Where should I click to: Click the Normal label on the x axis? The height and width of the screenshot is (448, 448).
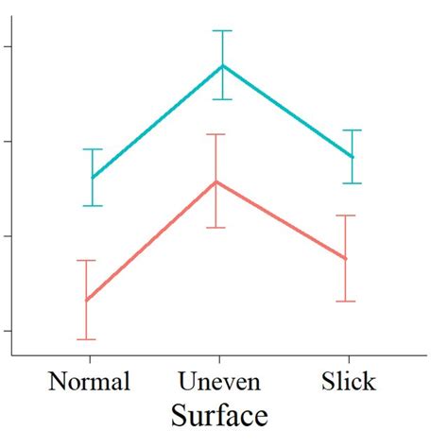pyautogui.click(x=89, y=382)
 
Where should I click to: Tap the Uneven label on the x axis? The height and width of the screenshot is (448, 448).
pyautogui.click(x=219, y=382)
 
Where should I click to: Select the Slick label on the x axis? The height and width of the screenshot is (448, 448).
pyautogui.click(x=348, y=382)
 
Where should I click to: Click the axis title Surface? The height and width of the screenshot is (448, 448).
pyautogui.click(x=219, y=415)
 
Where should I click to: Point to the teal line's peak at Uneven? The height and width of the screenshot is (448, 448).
pyautogui.click(x=222, y=65)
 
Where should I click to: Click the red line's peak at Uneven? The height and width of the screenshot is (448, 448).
pyautogui.click(x=216, y=181)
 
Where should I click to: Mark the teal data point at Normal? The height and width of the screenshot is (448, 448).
pyautogui.click(x=93, y=178)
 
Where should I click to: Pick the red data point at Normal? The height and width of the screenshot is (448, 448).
pyautogui.click(x=86, y=300)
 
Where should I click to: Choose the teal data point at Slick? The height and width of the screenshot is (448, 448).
pyautogui.click(x=352, y=157)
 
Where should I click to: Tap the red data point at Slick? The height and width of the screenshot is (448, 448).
pyautogui.click(x=346, y=258)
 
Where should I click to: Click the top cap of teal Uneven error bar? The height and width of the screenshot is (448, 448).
pyautogui.click(x=222, y=31)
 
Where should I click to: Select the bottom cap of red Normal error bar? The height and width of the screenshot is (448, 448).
pyautogui.click(x=86, y=338)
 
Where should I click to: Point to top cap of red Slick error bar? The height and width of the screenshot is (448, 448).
pyautogui.click(x=346, y=215)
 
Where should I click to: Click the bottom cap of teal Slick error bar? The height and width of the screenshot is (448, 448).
pyautogui.click(x=352, y=183)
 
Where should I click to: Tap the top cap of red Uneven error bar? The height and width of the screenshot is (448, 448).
pyautogui.click(x=216, y=134)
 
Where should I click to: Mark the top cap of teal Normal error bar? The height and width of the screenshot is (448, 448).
pyautogui.click(x=93, y=149)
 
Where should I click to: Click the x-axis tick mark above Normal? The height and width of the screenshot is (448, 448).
pyautogui.click(x=90, y=360)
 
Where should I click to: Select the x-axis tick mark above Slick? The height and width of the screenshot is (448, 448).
pyautogui.click(x=349, y=360)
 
